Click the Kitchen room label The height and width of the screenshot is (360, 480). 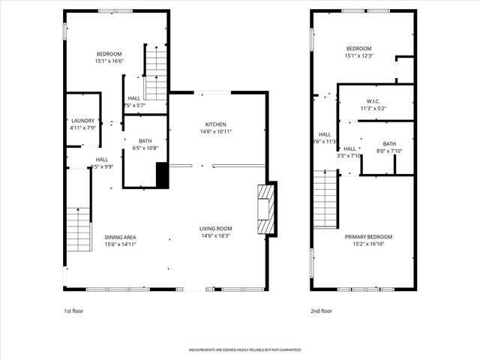[215, 124]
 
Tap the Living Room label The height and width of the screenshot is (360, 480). [215, 229]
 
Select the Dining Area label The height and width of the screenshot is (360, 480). [120, 238]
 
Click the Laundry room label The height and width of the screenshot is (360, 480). [82, 121]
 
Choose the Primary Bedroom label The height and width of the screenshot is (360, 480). [368, 237]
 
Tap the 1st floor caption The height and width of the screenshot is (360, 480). [73, 310]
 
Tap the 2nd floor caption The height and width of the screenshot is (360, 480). [321, 310]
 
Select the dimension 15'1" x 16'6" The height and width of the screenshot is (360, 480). [109, 61]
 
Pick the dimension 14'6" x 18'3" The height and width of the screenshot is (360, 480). [215, 237]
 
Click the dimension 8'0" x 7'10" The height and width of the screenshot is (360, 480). [389, 151]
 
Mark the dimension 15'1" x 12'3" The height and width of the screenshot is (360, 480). [358, 56]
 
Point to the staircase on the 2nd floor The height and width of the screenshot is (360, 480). [325, 198]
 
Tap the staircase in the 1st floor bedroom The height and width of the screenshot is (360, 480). [155, 72]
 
